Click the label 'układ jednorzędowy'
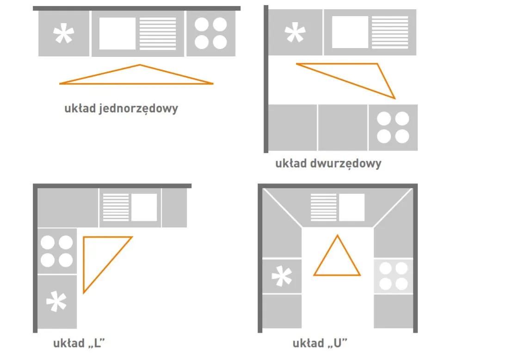click(121, 109)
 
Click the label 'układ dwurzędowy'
click(328, 164)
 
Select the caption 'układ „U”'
click(320, 343)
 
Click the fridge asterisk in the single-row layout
click(64, 35)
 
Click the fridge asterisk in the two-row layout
click(295, 33)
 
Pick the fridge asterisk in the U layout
click(282, 277)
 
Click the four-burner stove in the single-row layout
click(211, 34)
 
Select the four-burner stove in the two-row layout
click(393, 128)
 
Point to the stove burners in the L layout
click(57, 251)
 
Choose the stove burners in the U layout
click(393, 276)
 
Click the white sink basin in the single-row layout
click(117, 34)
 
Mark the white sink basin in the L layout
click(144, 207)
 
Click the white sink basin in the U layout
click(351, 207)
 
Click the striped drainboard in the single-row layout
click(158, 34)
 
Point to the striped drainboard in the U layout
click(324, 207)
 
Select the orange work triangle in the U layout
click(337, 257)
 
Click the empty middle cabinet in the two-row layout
click(343, 128)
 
